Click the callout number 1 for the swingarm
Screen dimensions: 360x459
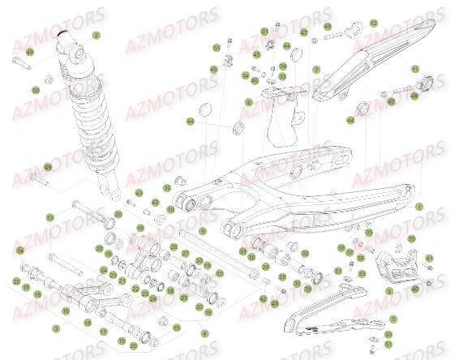[x=420, y=206]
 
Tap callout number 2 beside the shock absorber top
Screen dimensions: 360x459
[x=96, y=35]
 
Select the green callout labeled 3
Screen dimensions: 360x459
[x=55, y=328]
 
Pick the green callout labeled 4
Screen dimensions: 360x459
[x=204, y=332]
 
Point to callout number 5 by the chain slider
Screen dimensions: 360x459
[x=393, y=319]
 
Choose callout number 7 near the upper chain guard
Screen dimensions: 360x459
[x=317, y=69]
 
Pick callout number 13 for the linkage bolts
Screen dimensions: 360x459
[x=49, y=217]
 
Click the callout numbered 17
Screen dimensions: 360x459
[x=104, y=332]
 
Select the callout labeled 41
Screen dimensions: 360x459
[x=428, y=259]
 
